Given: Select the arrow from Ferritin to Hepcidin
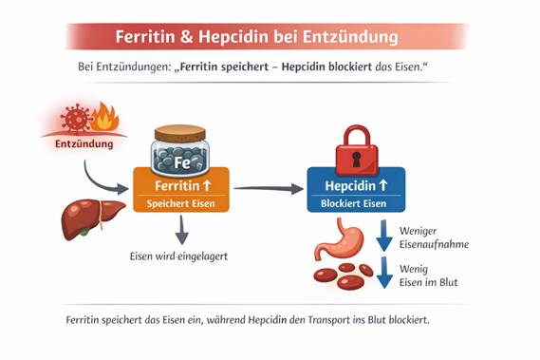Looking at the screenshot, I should [x=268, y=188].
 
